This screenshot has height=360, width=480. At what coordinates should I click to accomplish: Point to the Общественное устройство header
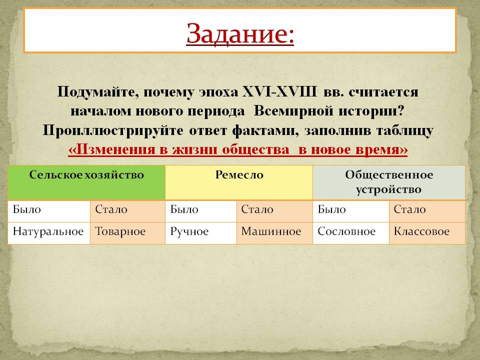(x=389, y=182)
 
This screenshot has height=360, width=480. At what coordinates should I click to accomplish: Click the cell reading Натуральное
(x=48, y=231)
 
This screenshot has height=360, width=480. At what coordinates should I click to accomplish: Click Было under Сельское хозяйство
(x=27, y=209)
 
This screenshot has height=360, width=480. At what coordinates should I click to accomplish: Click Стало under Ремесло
(x=257, y=209)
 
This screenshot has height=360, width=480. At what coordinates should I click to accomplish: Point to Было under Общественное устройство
(x=332, y=209)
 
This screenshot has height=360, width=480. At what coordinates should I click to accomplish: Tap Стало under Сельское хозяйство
(x=111, y=209)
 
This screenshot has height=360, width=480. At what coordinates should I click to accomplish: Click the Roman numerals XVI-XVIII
(x=279, y=91)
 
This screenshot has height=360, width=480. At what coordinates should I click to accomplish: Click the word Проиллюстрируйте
(x=113, y=130)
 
